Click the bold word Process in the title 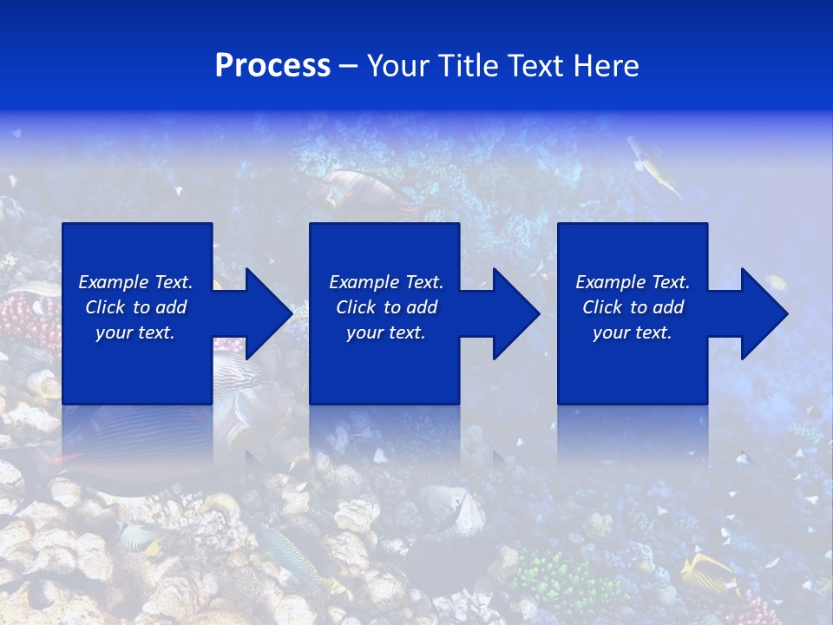coord(272,66)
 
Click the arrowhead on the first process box coord(264,313)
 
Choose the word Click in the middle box coord(355,307)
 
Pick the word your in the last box coord(611,332)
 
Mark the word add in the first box coord(172,307)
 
